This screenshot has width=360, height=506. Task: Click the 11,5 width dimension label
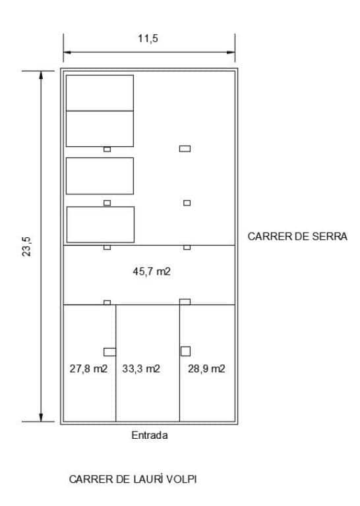(x=149, y=39)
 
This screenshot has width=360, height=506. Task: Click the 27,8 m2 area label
(x=89, y=369)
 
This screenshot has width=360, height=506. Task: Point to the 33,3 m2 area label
(x=141, y=369)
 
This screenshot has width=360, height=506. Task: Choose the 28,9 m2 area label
(x=206, y=369)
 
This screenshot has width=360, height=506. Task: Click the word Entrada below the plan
(x=150, y=436)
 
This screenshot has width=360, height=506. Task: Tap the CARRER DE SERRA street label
(x=297, y=235)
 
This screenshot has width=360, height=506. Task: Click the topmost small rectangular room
(x=100, y=93)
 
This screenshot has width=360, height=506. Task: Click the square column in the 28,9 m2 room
(x=186, y=351)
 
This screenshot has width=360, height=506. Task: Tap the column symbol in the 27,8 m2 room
(x=109, y=351)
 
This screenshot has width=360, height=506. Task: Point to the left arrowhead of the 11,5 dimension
(x=66, y=52)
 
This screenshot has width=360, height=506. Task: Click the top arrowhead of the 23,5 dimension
(x=42, y=74)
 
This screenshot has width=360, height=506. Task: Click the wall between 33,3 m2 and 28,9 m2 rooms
(x=180, y=362)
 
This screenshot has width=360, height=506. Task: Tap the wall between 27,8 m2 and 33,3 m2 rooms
(x=116, y=362)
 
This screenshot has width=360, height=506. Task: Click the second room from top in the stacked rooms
(x=100, y=128)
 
